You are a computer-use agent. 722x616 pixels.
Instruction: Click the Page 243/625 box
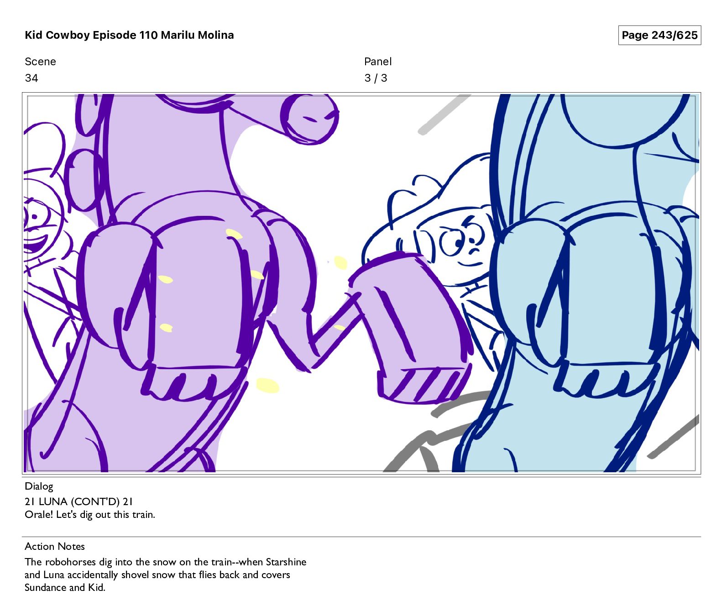point(659,35)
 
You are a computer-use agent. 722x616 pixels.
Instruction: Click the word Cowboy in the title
point(68,35)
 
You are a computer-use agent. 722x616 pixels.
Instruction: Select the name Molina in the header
point(215,35)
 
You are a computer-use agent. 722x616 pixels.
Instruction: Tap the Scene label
point(40,62)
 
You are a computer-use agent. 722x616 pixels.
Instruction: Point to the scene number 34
point(31,78)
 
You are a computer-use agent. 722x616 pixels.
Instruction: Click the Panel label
point(378,62)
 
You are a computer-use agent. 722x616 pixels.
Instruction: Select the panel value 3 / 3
point(376,78)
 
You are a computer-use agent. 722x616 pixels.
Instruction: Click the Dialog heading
point(39,486)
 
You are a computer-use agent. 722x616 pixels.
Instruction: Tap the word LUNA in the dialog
point(53,501)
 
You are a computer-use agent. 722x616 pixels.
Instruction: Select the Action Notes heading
point(55,546)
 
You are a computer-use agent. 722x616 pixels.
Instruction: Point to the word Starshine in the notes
point(286,562)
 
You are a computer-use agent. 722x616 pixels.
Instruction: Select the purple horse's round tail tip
point(311,120)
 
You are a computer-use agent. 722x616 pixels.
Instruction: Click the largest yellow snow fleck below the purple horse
point(267,385)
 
